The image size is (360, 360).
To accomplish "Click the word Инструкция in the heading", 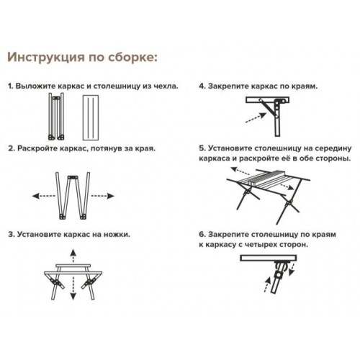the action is click(46, 58).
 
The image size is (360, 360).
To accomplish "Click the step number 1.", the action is click(10, 86).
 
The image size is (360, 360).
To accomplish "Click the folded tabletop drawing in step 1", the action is click(91, 117).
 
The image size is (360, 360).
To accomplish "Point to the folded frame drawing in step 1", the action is click(56, 117).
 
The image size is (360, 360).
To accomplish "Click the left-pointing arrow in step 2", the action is click(44, 196).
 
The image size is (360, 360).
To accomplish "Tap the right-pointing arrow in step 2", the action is click(102, 196).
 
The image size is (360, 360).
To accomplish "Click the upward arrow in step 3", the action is click(73, 256).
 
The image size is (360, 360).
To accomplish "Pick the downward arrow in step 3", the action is click(73, 288).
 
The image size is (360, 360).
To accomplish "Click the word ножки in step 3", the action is click(117, 235).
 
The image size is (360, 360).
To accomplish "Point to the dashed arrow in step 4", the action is click(256, 118).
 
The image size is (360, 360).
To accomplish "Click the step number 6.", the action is click(202, 235).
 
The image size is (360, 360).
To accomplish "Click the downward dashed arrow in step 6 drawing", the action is click(292, 269).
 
